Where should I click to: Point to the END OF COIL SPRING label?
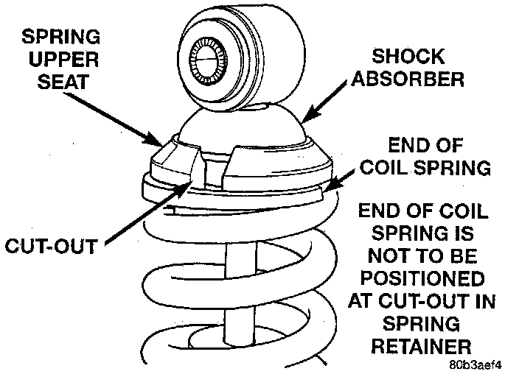click(422, 156)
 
